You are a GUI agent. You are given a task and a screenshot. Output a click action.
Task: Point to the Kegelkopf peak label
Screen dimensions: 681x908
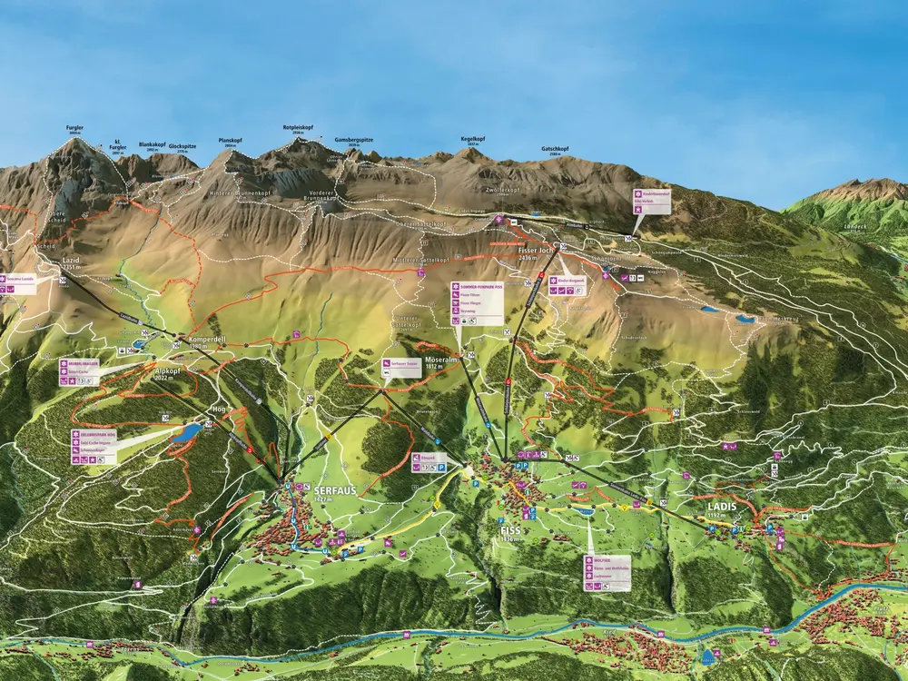coord(472,139)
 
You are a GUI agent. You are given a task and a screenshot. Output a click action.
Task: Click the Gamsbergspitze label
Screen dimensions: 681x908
coord(354,140)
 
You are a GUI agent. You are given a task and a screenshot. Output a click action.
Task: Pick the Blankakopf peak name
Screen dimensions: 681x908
coord(152,144)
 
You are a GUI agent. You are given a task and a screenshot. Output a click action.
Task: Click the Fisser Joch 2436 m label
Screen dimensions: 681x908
coord(535,252)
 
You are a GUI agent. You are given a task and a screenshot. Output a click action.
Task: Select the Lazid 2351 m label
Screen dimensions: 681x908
coord(72,262)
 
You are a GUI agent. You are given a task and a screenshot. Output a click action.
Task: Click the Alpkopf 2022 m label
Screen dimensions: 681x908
coord(168,374)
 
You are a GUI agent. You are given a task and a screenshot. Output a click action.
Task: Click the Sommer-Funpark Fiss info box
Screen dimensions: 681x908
coord(477,302)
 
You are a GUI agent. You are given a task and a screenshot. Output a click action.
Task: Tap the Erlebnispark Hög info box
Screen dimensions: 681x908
coord(96,447)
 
